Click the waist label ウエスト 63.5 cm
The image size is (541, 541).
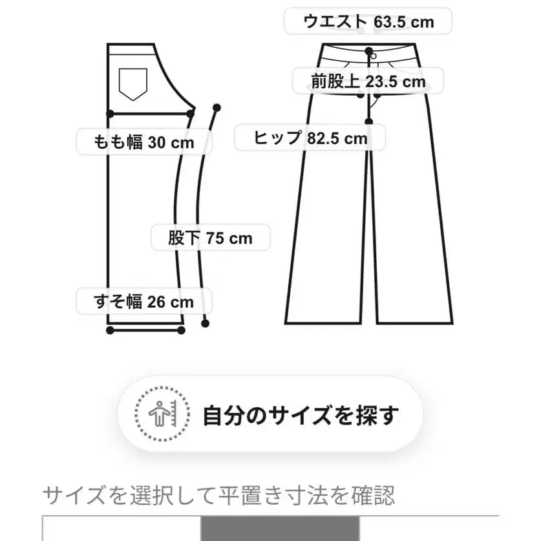point(368,22)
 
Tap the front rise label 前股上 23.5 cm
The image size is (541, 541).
point(368,81)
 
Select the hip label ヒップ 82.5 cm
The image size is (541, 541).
point(310,138)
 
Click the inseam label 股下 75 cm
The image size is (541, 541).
point(210,238)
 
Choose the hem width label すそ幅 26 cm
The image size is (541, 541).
point(143,301)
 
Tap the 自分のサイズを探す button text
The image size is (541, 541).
point(301,414)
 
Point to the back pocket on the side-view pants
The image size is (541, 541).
point(132,83)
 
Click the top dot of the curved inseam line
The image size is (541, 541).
point(217,107)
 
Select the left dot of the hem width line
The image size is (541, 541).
point(110,330)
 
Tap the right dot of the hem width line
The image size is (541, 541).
point(182,330)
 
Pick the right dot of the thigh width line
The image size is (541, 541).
point(191,114)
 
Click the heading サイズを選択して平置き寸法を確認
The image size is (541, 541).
point(218,496)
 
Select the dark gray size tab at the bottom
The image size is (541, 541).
point(279,528)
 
